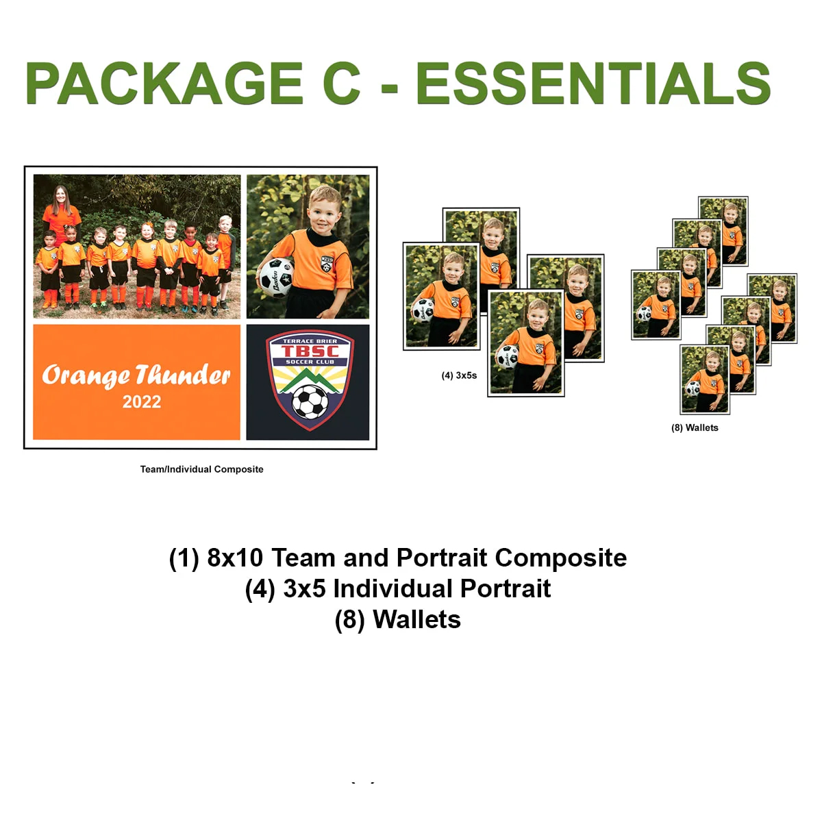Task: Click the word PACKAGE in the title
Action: click(x=164, y=84)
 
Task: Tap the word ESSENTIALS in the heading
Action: click(x=593, y=84)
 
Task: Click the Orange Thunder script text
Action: click(x=136, y=375)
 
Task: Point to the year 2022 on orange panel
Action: click(x=142, y=402)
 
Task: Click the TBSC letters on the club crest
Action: click(x=310, y=351)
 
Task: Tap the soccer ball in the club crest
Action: click(x=310, y=401)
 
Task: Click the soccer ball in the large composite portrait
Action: click(x=275, y=277)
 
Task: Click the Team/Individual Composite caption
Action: click(x=201, y=469)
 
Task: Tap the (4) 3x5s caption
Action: click(x=459, y=375)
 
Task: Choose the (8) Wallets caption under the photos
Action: click(x=695, y=427)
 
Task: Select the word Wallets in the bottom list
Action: click(x=416, y=619)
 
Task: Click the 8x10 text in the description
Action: click(x=235, y=558)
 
